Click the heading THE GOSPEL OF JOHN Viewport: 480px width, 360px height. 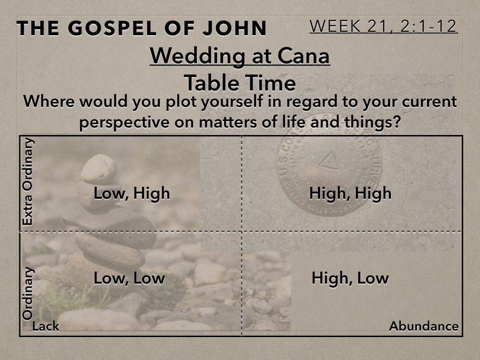[x=142, y=28]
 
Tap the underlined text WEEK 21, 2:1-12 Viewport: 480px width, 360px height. [x=383, y=26]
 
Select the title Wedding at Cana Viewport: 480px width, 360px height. [x=240, y=56]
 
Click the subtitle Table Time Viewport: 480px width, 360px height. [x=240, y=83]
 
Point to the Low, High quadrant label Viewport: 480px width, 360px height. [x=132, y=194]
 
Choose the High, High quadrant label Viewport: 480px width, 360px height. [x=350, y=194]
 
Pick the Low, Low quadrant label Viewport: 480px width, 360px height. [x=129, y=278]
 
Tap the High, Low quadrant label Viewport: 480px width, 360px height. [x=350, y=278]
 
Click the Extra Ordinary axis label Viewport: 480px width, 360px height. [x=28, y=182]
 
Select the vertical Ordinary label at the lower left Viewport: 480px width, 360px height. [x=28, y=293]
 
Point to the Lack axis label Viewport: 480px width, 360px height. [x=45, y=326]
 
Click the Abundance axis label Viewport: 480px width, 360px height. [x=424, y=326]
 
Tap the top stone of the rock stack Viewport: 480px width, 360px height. [x=98, y=168]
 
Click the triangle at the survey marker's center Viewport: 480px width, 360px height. [x=329, y=160]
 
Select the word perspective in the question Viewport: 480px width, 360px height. [x=124, y=122]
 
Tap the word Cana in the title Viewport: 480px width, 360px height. [x=303, y=56]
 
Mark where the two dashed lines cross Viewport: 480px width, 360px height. [x=241, y=232]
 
